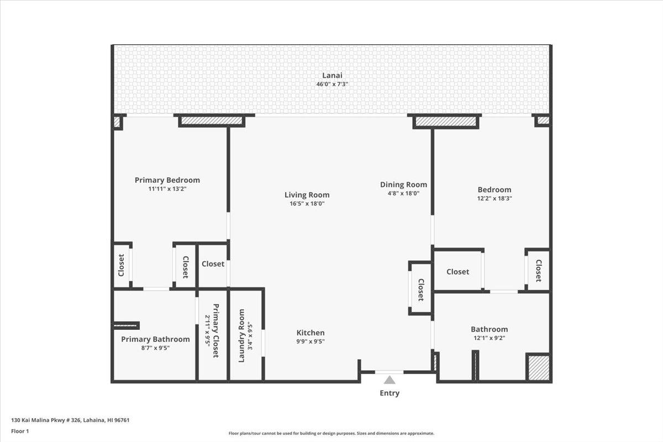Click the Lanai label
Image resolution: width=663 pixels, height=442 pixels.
point(331,76)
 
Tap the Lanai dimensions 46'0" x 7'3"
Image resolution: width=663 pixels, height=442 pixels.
point(331,85)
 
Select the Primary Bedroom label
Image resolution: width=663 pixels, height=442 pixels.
point(167,180)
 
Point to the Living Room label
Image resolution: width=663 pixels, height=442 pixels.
point(307,194)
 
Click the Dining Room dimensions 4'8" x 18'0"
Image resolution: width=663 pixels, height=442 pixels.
point(403,193)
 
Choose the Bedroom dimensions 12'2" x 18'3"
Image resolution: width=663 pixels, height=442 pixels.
point(494,198)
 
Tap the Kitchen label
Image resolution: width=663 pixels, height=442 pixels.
point(311,333)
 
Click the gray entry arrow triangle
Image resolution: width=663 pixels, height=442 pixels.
point(390,380)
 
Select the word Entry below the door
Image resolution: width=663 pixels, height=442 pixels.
point(390,393)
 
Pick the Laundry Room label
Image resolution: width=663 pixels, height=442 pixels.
point(241,335)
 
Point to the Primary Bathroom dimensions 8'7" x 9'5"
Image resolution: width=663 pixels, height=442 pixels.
point(155,348)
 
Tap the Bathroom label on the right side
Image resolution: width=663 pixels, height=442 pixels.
point(489,329)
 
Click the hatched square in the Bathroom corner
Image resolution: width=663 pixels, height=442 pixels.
point(538,368)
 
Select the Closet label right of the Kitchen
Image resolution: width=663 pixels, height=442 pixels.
point(420,290)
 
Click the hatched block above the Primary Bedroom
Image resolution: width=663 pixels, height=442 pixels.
point(212,120)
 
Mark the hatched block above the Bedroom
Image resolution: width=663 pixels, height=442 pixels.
point(446,121)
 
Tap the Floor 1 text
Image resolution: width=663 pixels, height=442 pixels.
point(20,431)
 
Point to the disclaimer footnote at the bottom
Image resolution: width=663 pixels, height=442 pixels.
point(331,434)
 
